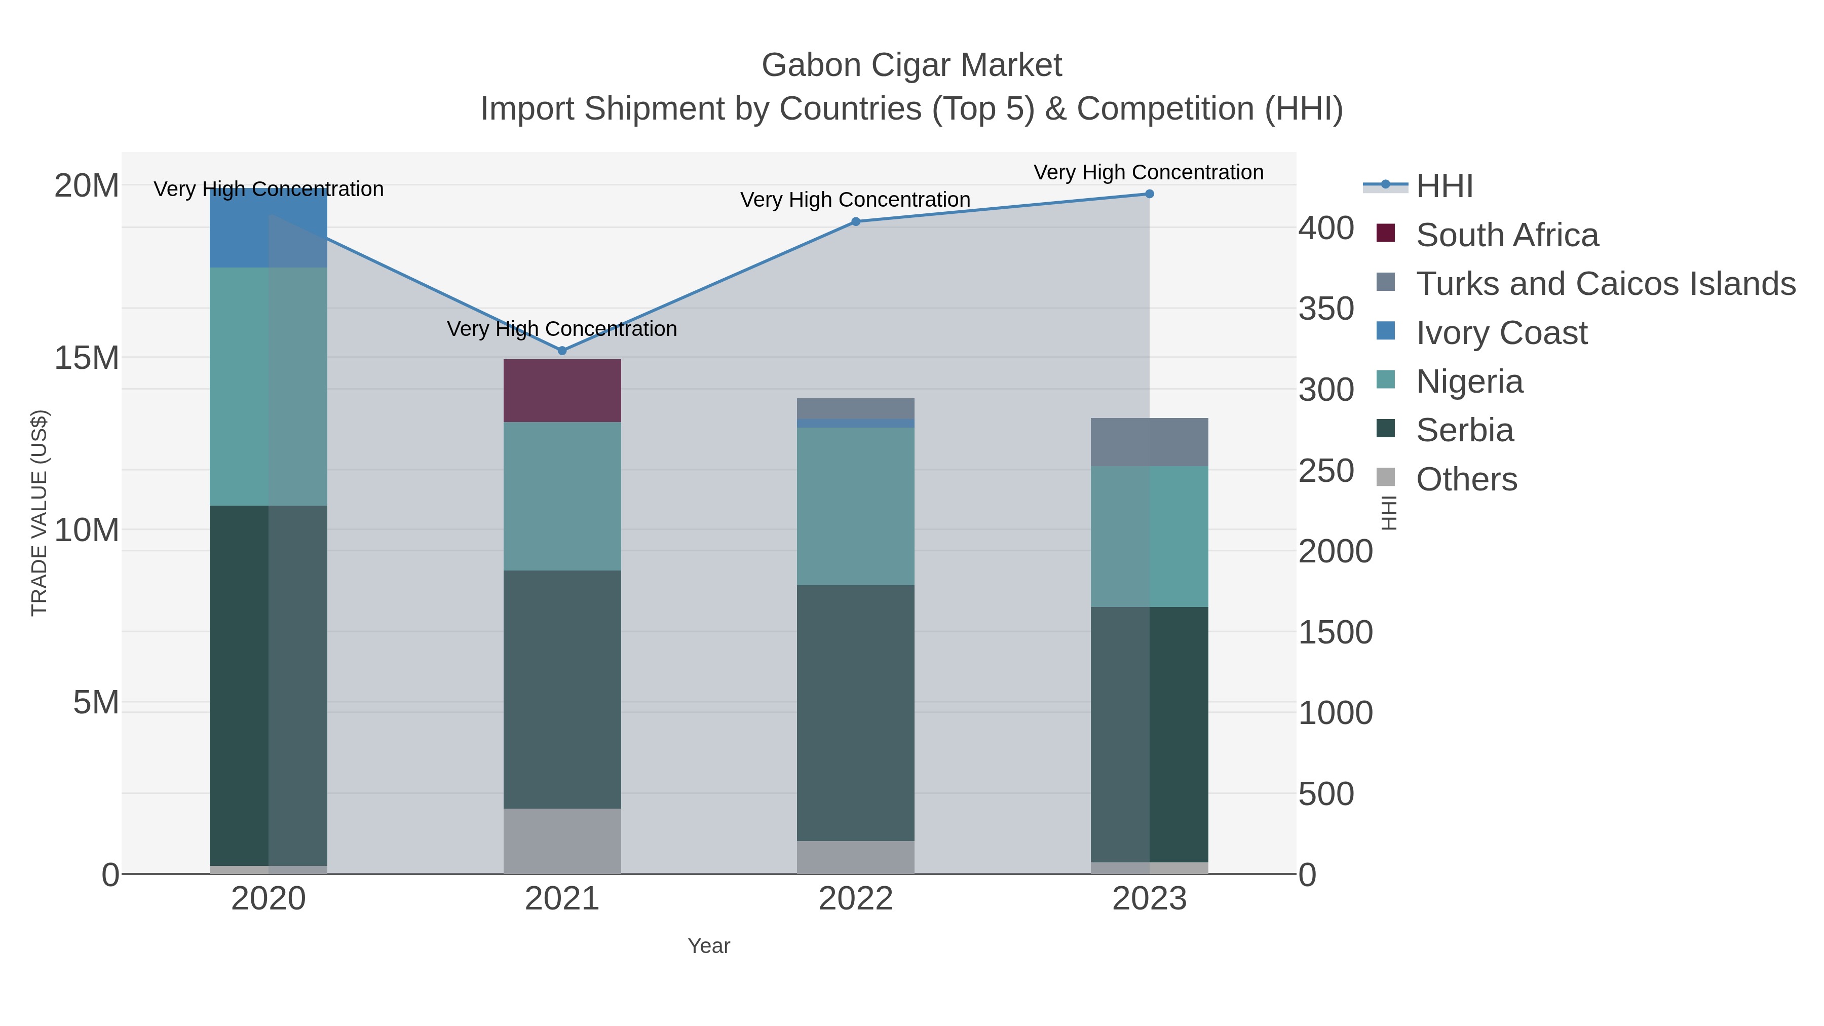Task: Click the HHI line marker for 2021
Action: [x=562, y=351]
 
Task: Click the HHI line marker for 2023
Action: [x=1149, y=194]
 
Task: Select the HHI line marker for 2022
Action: [x=855, y=221]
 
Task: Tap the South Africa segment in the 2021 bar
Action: [x=562, y=391]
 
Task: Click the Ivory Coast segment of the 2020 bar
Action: [x=269, y=228]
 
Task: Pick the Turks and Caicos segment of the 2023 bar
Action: [x=1149, y=442]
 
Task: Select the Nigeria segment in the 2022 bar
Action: [x=855, y=506]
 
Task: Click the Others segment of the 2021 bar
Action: [x=562, y=841]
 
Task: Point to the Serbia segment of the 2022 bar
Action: [x=855, y=712]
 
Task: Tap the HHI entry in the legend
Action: [x=1444, y=186]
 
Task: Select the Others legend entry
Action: [x=1466, y=479]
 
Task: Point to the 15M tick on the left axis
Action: [x=86, y=358]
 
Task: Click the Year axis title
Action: [x=709, y=946]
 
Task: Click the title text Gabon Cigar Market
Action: [x=911, y=65]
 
